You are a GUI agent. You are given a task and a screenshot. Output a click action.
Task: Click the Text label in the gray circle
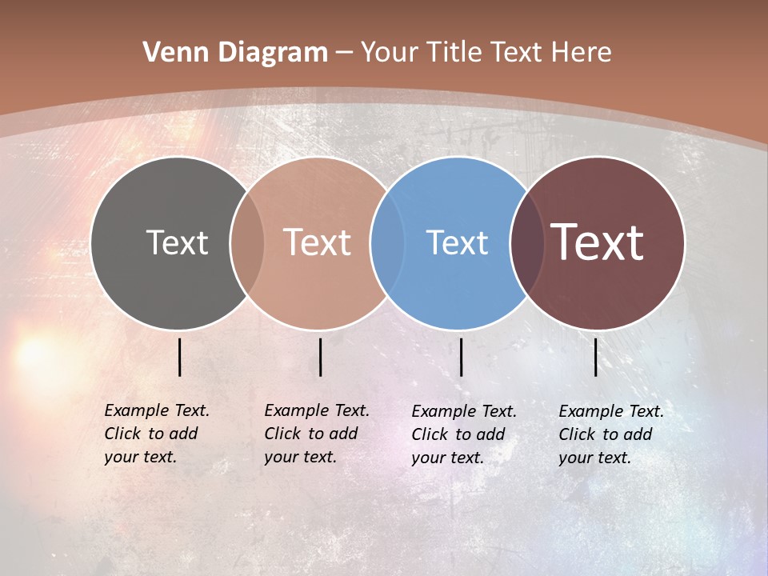[177, 242]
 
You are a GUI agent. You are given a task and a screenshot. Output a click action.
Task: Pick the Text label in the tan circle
[317, 242]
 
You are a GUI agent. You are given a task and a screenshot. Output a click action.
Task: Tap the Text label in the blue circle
[457, 242]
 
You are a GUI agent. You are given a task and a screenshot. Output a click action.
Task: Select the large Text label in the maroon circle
[598, 242]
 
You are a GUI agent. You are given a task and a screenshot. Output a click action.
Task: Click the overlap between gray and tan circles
[247, 243]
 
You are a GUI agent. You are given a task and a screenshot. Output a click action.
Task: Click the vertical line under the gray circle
[180, 357]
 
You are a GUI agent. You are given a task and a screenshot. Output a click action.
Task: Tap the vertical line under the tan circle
[320, 357]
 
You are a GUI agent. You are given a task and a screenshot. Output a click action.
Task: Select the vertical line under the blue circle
[462, 357]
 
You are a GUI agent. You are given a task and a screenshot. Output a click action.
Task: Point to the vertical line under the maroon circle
[596, 357]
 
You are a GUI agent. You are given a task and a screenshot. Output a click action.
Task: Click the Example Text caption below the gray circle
[157, 434]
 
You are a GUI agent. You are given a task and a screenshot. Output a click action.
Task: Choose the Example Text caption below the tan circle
[317, 434]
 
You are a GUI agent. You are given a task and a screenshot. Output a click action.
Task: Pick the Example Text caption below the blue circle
[464, 434]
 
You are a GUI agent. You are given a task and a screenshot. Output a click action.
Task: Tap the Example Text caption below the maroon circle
[611, 434]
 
